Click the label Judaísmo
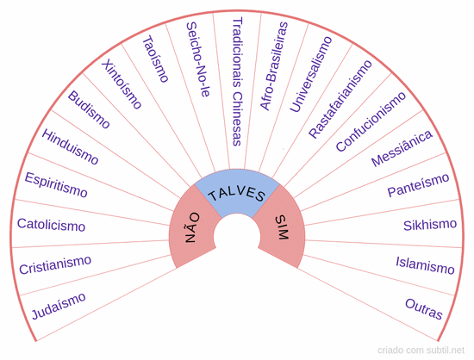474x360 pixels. tap(59, 306)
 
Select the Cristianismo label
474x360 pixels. tap(55, 265)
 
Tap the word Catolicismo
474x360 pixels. tap(51, 225)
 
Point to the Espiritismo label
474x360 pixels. tap(56, 185)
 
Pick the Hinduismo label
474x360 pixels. tap(70, 147)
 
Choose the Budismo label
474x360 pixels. tap(89, 109)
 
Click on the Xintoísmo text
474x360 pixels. tap(122, 84)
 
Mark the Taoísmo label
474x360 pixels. tap(155, 59)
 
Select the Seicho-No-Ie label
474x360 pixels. tap(197, 59)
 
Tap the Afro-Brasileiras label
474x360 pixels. tap(274, 65)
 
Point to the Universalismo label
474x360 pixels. tap(311, 74)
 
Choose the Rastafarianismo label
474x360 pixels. tap(340, 99)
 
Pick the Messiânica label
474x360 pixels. tap(402, 148)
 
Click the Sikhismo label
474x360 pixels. tap(430, 225)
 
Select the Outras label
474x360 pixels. tap(424, 308)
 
